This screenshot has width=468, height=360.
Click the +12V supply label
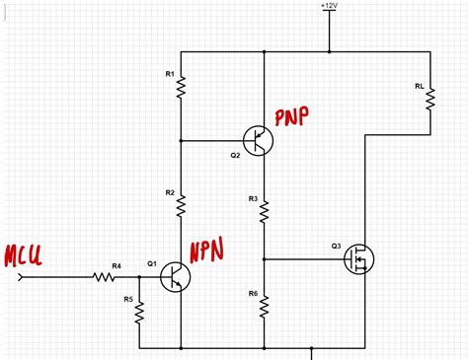pyautogui.click(x=329, y=7)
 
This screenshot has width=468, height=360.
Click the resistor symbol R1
pyautogui.click(x=182, y=89)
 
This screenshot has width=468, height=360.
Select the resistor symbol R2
pyautogui.click(x=182, y=205)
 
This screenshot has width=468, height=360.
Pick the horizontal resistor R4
pyautogui.click(x=106, y=277)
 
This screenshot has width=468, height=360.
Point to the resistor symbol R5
pyautogui.click(x=139, y=312)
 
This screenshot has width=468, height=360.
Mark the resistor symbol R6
pyautogui.click(x=265, y=307)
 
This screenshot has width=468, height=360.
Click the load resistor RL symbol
pyautogui.click(x=430, y=111)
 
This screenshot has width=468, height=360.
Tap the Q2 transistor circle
pyautogui.click(x=259, y=140)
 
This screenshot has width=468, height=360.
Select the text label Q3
pyautogui.click(x=336, y=245)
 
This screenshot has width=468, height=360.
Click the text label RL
pyautogui.click(x=420, y=87)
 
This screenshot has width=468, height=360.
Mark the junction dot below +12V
pyautogui.click(x=329, y=51)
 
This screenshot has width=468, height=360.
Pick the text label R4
pyautogui.click(x=117, y=265)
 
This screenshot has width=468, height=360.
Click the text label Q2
pyautogui.click(x=235, y=155)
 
